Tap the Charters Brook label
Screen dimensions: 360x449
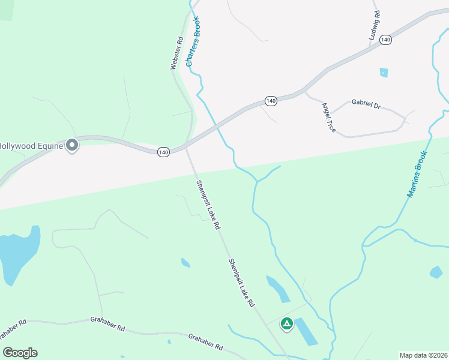tap(193, 41)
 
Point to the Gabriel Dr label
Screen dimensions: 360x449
tap(366, 104)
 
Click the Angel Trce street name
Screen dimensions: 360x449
tap(328, 118)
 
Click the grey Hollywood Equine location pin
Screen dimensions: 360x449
tap(73, 145)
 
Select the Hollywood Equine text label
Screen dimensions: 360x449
tap(30, 145)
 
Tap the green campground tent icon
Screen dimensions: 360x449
tap(287, 324)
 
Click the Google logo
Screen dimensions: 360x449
tap(20, 353)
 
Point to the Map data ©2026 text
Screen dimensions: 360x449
tap(423, 355)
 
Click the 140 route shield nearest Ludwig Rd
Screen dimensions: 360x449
tap(385, 40)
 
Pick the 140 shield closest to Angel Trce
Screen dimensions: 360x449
tap(271, 101)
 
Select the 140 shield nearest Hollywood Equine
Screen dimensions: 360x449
tap(163, 152)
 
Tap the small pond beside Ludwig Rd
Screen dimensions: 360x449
tap(384, 73)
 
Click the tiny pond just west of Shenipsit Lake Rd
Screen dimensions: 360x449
tap(185, 262)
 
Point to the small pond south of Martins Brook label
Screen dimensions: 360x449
tap(436, 272)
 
